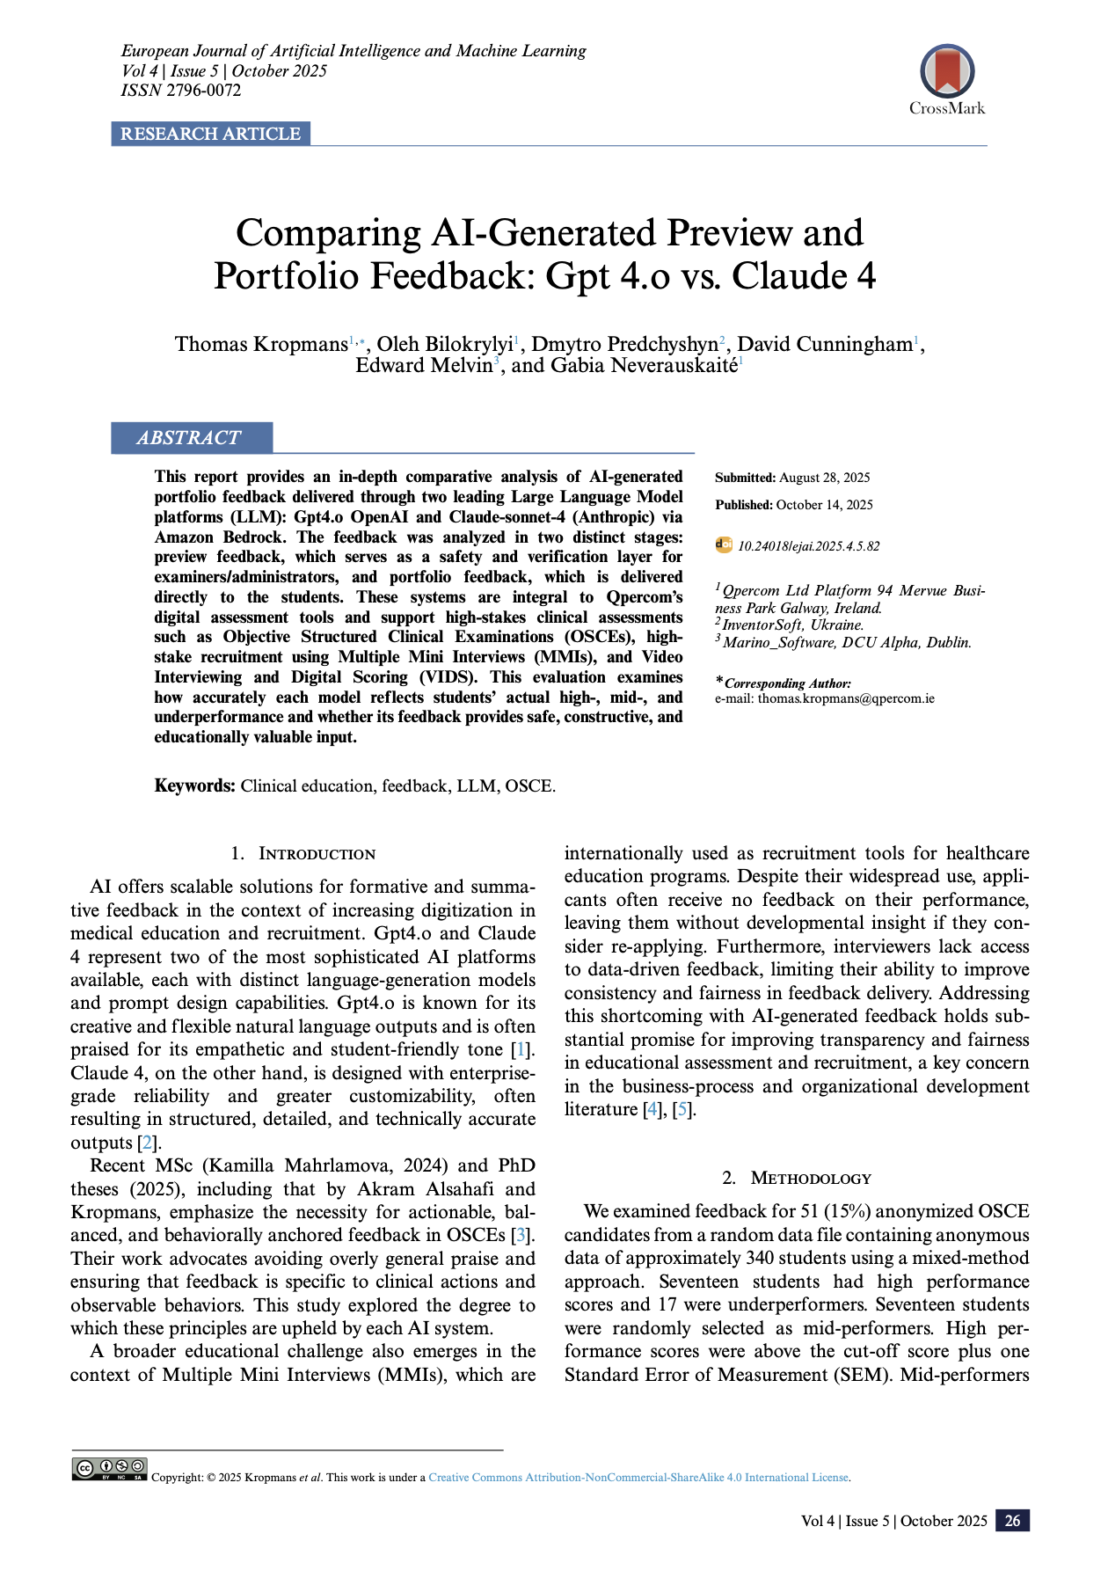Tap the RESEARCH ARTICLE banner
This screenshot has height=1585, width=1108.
click(x=210, y=134)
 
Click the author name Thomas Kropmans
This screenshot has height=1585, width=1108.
click(x=261, y=344)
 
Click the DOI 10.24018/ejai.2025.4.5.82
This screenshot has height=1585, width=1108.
click(x=807, y=546)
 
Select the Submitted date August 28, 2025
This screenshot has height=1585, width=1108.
click(x=824, y=478)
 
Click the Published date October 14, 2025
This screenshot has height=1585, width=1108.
click(x=824, y=505)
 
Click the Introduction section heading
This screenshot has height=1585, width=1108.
click(x=316, y=854)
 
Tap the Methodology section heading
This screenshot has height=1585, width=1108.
click(x=810, y=1179)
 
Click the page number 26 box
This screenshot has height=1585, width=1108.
click(x=1012, y=1521)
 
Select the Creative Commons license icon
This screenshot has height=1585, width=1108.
click(x=110, y=1469)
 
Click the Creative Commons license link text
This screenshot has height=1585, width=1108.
click(x=638, y=1478)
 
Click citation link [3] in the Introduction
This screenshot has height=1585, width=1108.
click(x=521, y=1236)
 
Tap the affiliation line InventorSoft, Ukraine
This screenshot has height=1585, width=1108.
click(x=792, y=625)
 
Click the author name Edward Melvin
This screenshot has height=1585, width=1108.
click(x=423, y=366)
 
